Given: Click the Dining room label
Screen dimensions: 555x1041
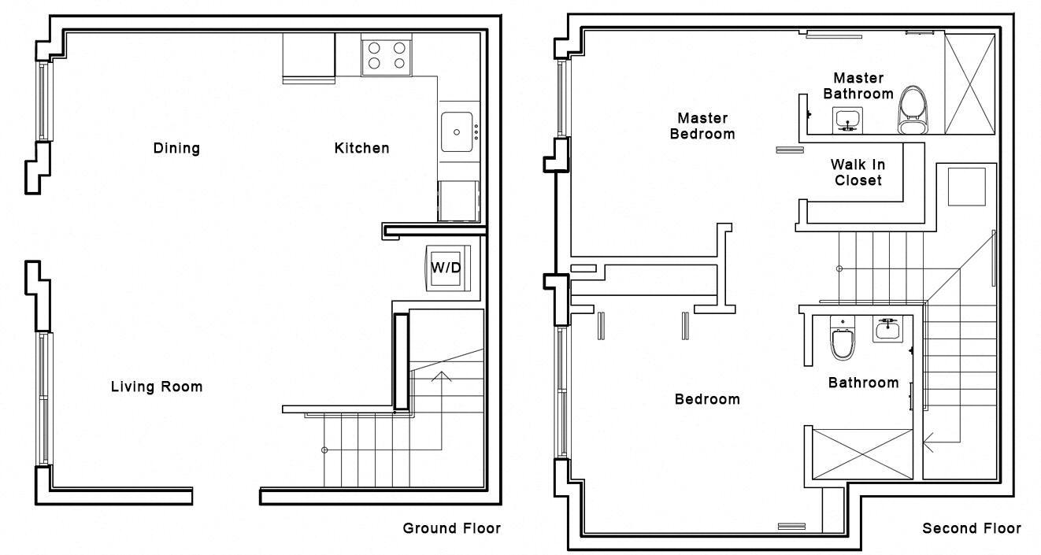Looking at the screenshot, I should pyautogui.click(x=176, y=148).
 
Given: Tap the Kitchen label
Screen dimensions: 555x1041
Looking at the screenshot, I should pyautogui.click(x=361, y=148).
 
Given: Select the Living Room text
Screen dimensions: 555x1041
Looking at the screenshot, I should pyautogui.click(x=156, y=387).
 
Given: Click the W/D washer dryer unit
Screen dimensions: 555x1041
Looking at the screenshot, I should pyautogui.click(x=448, y=268).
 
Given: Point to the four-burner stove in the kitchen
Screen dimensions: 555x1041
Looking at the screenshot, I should pyautogui.click(x=387, y=54).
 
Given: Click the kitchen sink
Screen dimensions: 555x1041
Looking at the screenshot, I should pyautogui.click(x=458, y=131).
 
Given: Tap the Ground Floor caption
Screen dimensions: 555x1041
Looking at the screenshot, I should pyautogui.click(x=451, y=527).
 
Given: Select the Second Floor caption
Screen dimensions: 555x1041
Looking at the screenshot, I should pyautogui.click(x=972, y=528).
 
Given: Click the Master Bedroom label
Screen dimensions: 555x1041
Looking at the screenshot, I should pyautogui.click(x=702, y=126).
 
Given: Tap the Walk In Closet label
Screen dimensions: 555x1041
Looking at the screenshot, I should pyautogui.click(x=858, y=172).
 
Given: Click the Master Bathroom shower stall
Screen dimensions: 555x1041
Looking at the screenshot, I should pyautogui.click(x=969, y=86).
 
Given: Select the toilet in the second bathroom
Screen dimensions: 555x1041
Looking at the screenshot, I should pyautogui.click(x=842, y=340).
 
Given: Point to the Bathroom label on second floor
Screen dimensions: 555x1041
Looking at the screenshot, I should pyautogui.click(x=863, y=383).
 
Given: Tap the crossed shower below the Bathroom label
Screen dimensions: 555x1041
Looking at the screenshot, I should pyautogui.click(x=861, y=453).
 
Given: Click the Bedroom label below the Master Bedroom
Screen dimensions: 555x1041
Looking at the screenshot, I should pyautogui.click(x=707, y=399).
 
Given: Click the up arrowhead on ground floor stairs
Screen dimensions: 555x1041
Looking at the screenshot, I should pyautogui.click(x=441, y=376).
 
